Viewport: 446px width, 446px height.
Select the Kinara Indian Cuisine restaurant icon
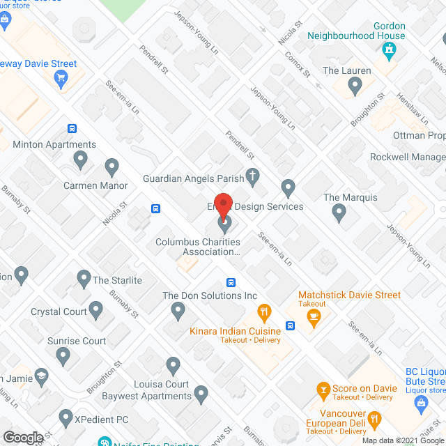click(x=263, y=311)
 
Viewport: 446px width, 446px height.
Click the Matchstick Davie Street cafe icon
click(x=314, y=318)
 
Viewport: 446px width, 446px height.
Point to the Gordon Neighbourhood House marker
click(x=389, y=49)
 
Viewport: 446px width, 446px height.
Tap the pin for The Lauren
click(x=355, y=86)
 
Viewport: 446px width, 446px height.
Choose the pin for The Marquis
click(x=339, y=213)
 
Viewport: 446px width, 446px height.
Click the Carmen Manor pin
click(x=111, y=167)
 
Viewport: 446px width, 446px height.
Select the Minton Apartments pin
click(x=81, y=160)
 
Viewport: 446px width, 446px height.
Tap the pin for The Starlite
click(x=84, y=279)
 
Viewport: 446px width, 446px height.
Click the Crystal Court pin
click(x=96, y=310)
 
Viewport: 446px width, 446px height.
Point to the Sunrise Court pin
click(x=63, y=357)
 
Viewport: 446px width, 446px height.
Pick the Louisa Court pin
click(x=174, y=365)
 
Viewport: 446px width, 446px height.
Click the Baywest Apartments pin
click(x=201, y=395)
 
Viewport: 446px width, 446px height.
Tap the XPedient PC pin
click(x=66, y=418)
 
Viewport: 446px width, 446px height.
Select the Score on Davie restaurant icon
click(x=323, y=388)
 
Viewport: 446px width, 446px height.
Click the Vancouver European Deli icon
click(x=374, y=419)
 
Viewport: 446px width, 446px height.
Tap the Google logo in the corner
click(x=22, y=438)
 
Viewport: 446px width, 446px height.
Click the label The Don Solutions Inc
click(x=210, y=295)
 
